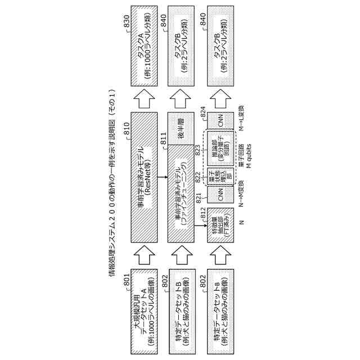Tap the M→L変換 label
tap(241, 123)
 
